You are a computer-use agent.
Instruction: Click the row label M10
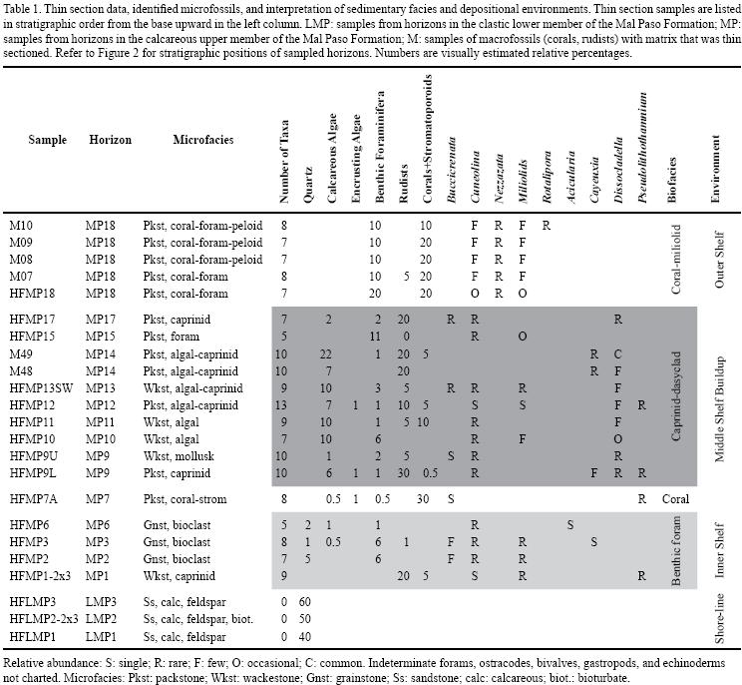[20, 226]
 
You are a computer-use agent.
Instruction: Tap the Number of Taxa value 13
[284, 405]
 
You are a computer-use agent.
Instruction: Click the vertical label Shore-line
[716, 619]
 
